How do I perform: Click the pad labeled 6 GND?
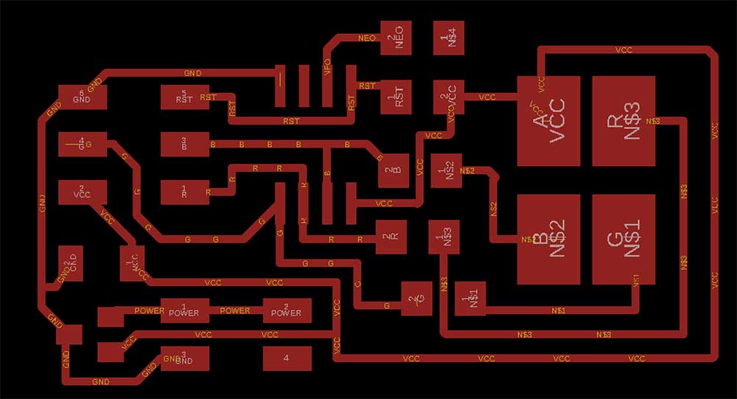(x=83, y=97)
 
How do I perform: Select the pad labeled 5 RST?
(x=184, y=97)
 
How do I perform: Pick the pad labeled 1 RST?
(x=399, y=98)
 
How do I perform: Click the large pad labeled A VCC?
(x=548, y=120)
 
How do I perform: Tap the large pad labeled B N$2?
(x=548, y=239)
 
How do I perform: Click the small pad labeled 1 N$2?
(x=447, y=171)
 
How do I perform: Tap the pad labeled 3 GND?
(x=184, y=359)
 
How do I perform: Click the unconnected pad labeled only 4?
(x=286, y=359)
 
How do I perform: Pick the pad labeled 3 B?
(x=184, y=145)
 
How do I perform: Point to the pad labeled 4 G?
(x=83, y=145)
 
